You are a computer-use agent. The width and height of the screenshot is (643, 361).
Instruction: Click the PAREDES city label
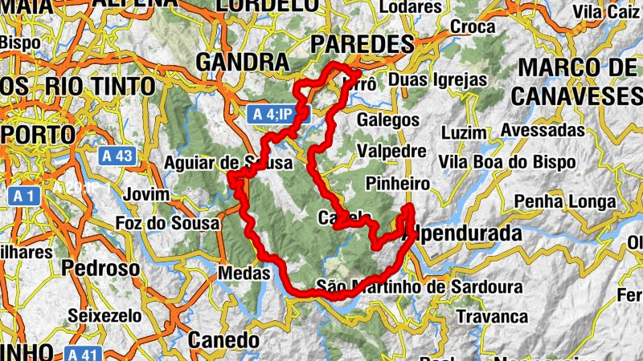pyautogui.click(x=362, y=43)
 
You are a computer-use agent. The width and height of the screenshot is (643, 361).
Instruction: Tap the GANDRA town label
pyautogui.click(x=242, y=63)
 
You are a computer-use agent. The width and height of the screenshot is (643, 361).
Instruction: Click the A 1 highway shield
pyautogui.click(x=22, y=195)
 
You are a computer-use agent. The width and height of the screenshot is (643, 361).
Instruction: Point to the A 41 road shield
pyautogui.click(x=82, y=353)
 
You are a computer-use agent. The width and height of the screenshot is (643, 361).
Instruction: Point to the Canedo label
pyautogui.click(x=219, y=340)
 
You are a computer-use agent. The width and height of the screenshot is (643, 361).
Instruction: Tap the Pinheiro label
pyautogui.click(x=397, y=184)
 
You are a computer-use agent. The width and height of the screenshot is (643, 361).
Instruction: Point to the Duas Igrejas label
pyautogui.click(x=437, y=80)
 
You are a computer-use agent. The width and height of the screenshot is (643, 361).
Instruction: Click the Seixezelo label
pyautogui.click(x=105, y=315)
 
